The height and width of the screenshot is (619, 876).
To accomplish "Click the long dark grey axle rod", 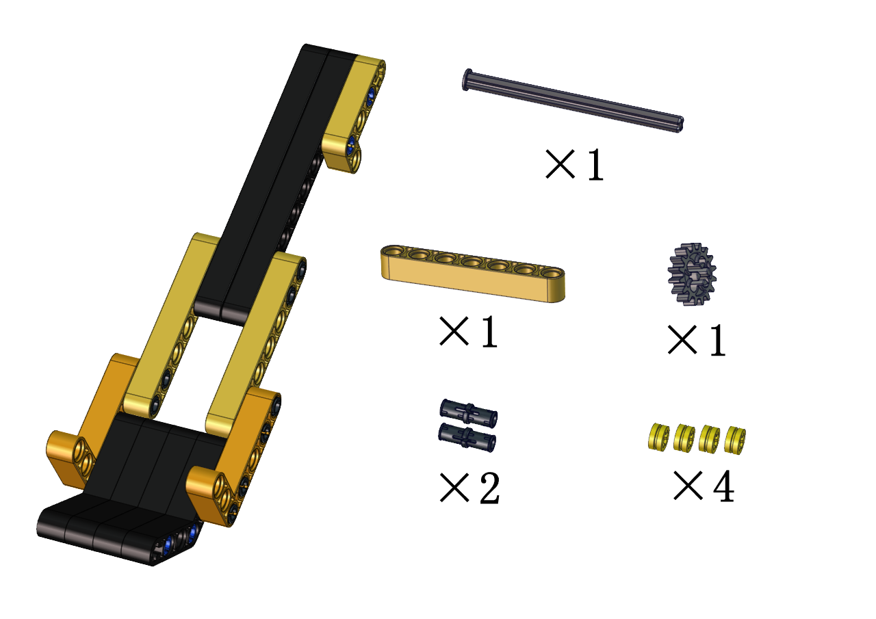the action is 573,101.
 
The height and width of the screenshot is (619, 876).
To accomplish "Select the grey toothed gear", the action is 692,274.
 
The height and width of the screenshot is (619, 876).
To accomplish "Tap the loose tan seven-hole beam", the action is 473,273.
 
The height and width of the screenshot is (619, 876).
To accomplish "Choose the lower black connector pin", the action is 467,437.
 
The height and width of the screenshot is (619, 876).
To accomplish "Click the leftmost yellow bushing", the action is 658,436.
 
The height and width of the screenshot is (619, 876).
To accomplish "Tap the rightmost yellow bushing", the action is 735,440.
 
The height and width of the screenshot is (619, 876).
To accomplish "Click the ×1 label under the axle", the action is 574,165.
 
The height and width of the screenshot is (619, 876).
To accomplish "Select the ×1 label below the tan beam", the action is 469,332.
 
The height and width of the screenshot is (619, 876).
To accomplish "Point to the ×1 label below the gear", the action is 697,341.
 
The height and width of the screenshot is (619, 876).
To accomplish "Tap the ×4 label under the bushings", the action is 704,486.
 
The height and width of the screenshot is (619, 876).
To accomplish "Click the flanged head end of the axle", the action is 467,80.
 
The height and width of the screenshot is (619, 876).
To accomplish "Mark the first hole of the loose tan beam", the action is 393,251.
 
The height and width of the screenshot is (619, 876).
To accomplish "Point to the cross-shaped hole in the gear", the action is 691,273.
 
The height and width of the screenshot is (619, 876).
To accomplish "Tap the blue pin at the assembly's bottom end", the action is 169,543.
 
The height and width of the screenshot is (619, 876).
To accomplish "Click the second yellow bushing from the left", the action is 684,438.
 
